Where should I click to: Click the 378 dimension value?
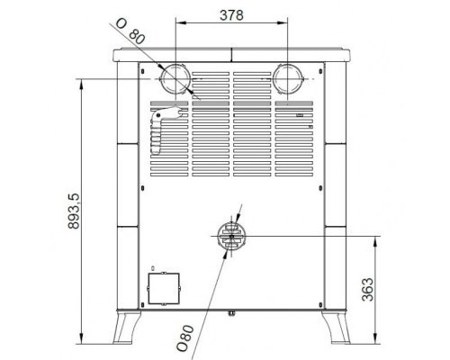pos(231,15)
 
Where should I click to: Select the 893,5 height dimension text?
pos(74,211)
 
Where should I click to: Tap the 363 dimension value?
pos(368,290)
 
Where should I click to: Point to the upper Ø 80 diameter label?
pos(130,31)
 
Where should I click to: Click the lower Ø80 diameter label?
pos(185,338)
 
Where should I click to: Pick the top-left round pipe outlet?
pos(175,78)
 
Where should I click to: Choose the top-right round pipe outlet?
pos(288,78)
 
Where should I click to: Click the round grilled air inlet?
pos(231,236)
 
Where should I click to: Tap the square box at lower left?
pos(164,288)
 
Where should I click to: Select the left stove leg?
pos(126,327)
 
